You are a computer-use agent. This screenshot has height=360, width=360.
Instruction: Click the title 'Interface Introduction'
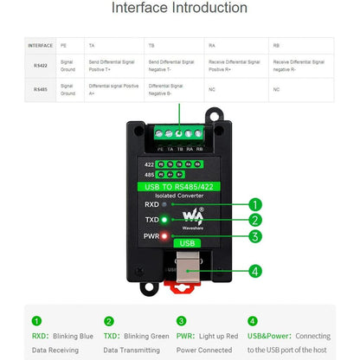[x=179, y=9]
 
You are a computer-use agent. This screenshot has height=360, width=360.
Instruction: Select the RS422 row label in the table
[x=40, y=63]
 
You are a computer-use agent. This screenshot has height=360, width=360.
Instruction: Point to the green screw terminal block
[x=179, y=133]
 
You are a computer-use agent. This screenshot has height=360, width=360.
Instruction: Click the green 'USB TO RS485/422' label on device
[x=179, y=185]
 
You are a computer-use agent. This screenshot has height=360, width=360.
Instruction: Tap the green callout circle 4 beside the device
[x=254, y=271]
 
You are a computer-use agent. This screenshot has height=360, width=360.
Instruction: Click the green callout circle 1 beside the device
[x=254, y=205]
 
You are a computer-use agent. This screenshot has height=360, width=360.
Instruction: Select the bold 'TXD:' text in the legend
[x=112, y=335]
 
